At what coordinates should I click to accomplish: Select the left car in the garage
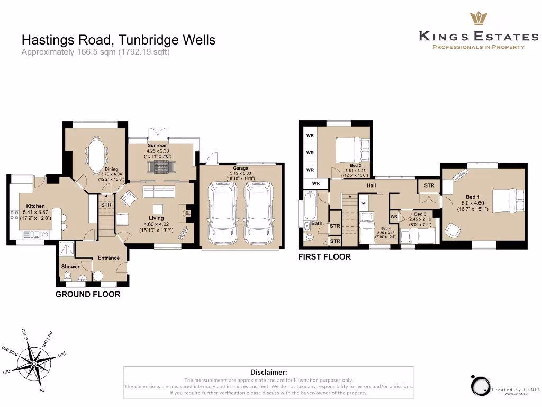[x=223, y=211]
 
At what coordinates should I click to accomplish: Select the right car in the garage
[x=258, y=211]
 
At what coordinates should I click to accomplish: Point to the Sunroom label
[x=157, y=146]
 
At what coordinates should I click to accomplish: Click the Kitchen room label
[x=35, y=206]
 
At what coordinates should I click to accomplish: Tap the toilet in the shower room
[x=67, y=276]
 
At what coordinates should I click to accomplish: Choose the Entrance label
[x=109, y=258]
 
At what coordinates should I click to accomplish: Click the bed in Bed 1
[x=507, y=201]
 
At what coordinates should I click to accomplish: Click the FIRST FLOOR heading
[x=325, y=257]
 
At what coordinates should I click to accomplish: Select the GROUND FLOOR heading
[x=88, y=294]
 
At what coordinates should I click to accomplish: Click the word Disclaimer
[x=268, y=372]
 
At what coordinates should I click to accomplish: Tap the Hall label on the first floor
[x=371, y=185]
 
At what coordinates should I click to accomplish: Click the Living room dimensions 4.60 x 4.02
[x=156, y=224]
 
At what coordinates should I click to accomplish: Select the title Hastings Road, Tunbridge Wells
[x=119, y=40]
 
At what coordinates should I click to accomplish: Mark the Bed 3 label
[x=420, y=214]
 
